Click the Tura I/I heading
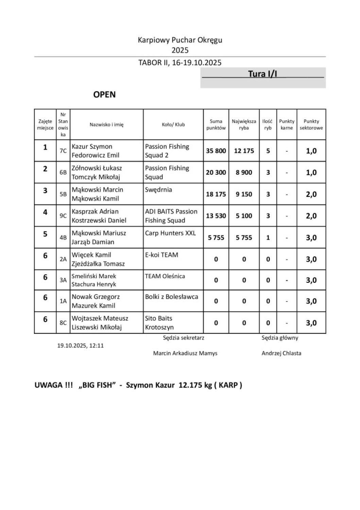[262, 74]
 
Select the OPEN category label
[104, 95]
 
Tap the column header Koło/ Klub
[173, 124]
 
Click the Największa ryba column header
[244, 124]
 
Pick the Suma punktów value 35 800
[216, 151]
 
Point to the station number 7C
[63, 151]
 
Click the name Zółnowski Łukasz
[97, 168]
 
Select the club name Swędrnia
[158, 190]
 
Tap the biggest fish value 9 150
[244, 194]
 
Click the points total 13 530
[216, 216]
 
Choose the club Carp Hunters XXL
[170, 233]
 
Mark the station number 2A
[63, 259]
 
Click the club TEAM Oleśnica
[165, 276]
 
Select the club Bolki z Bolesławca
[171, 296]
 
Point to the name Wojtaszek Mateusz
[100, 318]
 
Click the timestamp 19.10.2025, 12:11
[80, 345]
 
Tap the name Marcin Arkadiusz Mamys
[185, 353]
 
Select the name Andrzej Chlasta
[281, 353]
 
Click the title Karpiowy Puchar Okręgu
[180, 40]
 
